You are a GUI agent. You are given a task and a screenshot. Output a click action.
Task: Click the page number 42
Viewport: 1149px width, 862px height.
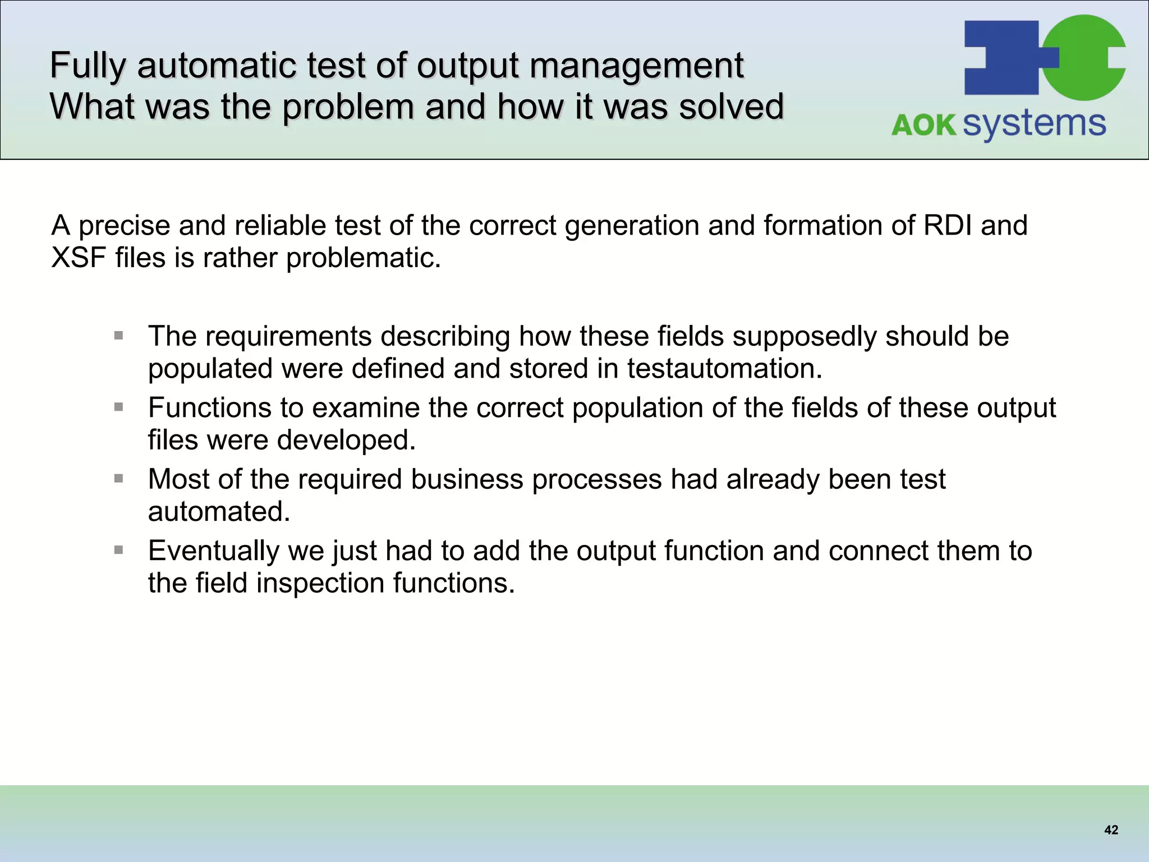click(x=1111, y=830)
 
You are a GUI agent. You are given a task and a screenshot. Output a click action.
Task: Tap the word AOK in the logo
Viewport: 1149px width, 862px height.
click(x=923, y=125)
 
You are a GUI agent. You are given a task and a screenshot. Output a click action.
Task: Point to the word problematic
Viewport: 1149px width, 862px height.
click(x=363, y=258)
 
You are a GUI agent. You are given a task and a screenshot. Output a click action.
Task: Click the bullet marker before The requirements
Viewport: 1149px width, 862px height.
click(x=118, y=336)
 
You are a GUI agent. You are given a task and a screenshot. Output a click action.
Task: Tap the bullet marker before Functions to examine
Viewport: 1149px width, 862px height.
click(x=118, y=407)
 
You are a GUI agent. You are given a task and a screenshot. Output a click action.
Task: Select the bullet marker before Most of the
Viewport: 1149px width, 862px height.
click(x=118, y=479)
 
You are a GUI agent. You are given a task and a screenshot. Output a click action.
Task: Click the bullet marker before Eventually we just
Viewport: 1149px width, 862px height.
click(x=118, y=550)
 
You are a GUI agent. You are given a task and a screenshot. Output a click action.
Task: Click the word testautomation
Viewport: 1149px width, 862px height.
click(x=724, y=369)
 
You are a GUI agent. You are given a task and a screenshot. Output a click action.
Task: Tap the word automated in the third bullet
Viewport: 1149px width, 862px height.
click(x=219, y=511)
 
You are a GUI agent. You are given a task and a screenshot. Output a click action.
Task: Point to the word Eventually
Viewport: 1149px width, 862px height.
click(x=213, y=551)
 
